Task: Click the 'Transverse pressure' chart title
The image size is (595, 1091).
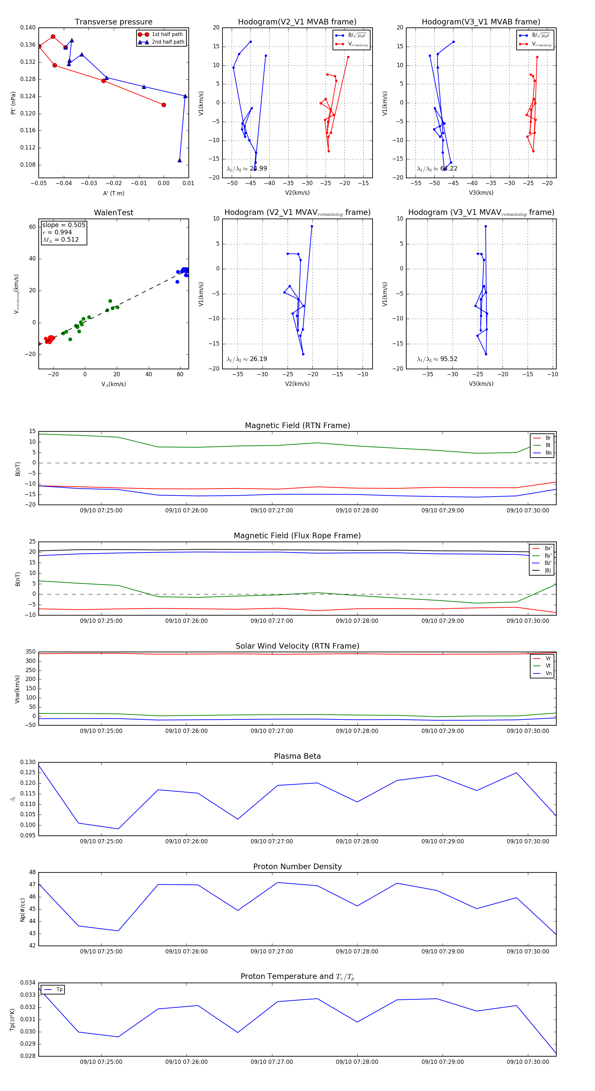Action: click(x=113, y=22)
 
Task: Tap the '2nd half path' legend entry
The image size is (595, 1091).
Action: click(x=168, y=42)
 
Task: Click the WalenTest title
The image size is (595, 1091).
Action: click(x=113, y=213)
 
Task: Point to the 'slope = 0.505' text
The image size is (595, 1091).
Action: click(x=63, y=225)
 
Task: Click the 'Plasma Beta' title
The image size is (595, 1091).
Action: click(x=297, y=756)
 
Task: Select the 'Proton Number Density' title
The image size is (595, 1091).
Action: click(x=297, y=867)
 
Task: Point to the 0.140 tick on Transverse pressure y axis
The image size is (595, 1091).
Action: click(x=28, y=27)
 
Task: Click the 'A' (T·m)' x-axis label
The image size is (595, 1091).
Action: click(x=113, y=193)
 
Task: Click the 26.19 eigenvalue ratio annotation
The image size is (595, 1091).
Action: click(x=258, y=359)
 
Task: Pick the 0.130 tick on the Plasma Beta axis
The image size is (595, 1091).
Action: click(x=28, y=762)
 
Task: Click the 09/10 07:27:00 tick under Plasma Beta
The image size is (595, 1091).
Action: click(x=271, y=841)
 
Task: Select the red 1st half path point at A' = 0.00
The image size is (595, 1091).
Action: click(x=164, y=105)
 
